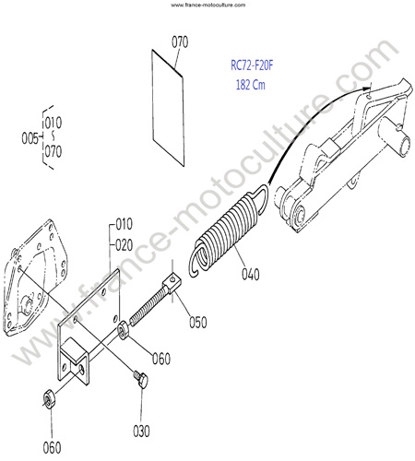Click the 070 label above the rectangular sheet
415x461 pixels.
pyautogui.click(x=180, y=42)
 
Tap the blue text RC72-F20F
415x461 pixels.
pyautogui.click(x=252, y=65)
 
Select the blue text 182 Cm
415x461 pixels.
pyautogui.click(x=250, y=85)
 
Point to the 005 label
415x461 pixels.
pyautogui.click(x=30, y=138)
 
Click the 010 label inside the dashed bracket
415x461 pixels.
pyautogui.click(x=53, y=123)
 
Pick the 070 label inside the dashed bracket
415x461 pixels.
pyautogui.click(x=53, y=151)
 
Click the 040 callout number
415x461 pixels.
pyautogui.click(x=251, y=275)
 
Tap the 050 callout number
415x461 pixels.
pyautogui.click(x=198, y=323)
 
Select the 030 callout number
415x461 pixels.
pyautogui.click(x=141, y=431)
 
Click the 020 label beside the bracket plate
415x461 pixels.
pyautogui.click(x=125, y=245)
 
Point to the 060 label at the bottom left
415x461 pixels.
pyautogui.click(x=52, y=448)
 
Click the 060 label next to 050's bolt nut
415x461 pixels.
pyautogui.click(x=161, y=359)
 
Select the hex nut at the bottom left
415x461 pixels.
pyautogui.click(x=49, y=398)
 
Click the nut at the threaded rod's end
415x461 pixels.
pyautogui.click(x=124, y=330)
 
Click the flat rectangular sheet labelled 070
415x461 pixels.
pyautogui.click(x=168, y=108)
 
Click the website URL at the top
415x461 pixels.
pyautogui.click(x=208, y=5)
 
